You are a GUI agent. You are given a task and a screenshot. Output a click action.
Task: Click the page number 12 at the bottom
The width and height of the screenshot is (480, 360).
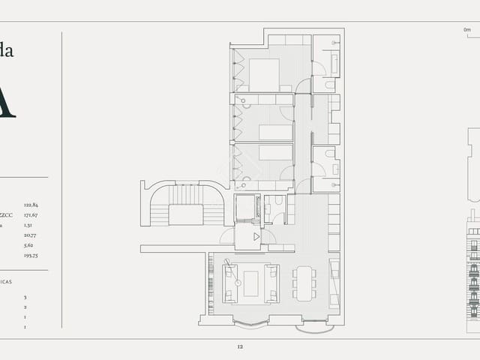click(240, 346)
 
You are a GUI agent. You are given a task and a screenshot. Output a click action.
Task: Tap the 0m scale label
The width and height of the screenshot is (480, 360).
click(467, 29)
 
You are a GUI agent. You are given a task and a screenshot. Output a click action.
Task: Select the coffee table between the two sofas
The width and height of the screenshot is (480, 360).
click(250, 283)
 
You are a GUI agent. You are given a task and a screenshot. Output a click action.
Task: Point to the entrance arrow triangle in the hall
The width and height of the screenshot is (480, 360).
click(256, 236)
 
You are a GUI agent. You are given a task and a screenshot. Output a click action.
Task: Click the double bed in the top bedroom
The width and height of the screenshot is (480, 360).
click(263, 74)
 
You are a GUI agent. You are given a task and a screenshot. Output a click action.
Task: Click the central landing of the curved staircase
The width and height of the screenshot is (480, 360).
click(186, 214)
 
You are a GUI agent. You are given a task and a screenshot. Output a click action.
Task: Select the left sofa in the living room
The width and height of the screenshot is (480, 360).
click(230, 283)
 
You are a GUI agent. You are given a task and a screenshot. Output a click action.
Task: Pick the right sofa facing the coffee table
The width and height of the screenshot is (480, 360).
click(271, 283)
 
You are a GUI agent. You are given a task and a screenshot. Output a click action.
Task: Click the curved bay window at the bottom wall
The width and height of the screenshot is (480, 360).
click(249, 323)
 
